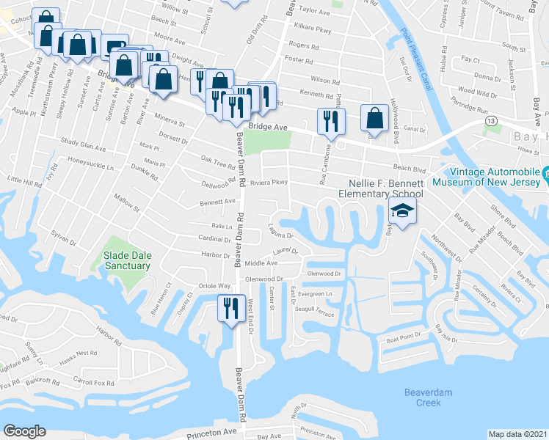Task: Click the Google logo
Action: tap(25, 430)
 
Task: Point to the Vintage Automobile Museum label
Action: tap(486, 176)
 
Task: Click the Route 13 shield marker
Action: tap(490, 120)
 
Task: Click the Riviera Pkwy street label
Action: tap(267, 183)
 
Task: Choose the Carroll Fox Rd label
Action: tap(97, 383)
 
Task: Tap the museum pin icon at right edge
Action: tap(546, 174)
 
